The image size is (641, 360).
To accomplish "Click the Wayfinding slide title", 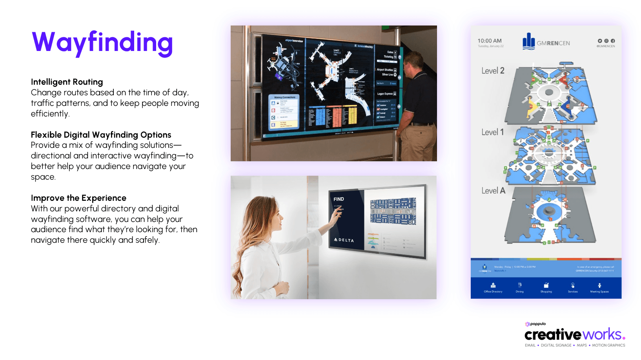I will coord(102,42).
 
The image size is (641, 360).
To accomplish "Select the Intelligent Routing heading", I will coord(67,82).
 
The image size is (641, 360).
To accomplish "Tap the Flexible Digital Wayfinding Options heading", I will coord(101,135).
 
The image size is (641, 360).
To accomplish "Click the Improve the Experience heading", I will coord(78,198).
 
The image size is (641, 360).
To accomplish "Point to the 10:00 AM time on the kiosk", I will coord(489,41).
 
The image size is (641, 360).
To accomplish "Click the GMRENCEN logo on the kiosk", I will coord(546,42).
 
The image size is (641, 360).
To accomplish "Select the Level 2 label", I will coord(493,71).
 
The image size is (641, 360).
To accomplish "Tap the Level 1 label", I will coord(492,132).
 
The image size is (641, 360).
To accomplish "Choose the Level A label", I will coord(493,191).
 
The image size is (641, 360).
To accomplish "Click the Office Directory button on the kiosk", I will coord(493,288).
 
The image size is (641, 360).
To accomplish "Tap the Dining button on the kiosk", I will coord(519,288).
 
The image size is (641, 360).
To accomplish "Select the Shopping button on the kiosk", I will coord(546,288).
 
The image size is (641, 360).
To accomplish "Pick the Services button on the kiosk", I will coord(573,288).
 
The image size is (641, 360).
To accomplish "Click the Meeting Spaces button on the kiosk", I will coord(599,288).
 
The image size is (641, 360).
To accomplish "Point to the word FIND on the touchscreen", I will coord(339,199).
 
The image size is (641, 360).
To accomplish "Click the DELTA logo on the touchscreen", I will coord(344,240).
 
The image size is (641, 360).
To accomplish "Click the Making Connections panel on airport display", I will coord(284,112).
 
